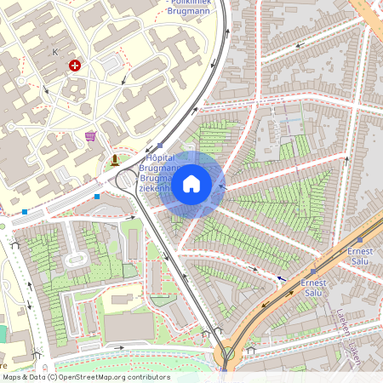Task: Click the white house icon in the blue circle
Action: coord(191,183)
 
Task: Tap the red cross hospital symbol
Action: coord(76,65)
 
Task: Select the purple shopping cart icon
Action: coord(90,135)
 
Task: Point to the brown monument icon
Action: coord(115,159)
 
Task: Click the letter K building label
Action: coord(55,52)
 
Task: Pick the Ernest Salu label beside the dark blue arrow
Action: coord(312,288)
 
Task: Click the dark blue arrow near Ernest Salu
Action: coord(282,277)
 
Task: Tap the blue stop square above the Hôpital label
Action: coord(161,145)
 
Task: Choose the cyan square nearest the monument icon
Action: coord(97,197)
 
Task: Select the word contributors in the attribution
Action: coord(151,377)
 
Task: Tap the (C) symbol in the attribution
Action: coord(52,377)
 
